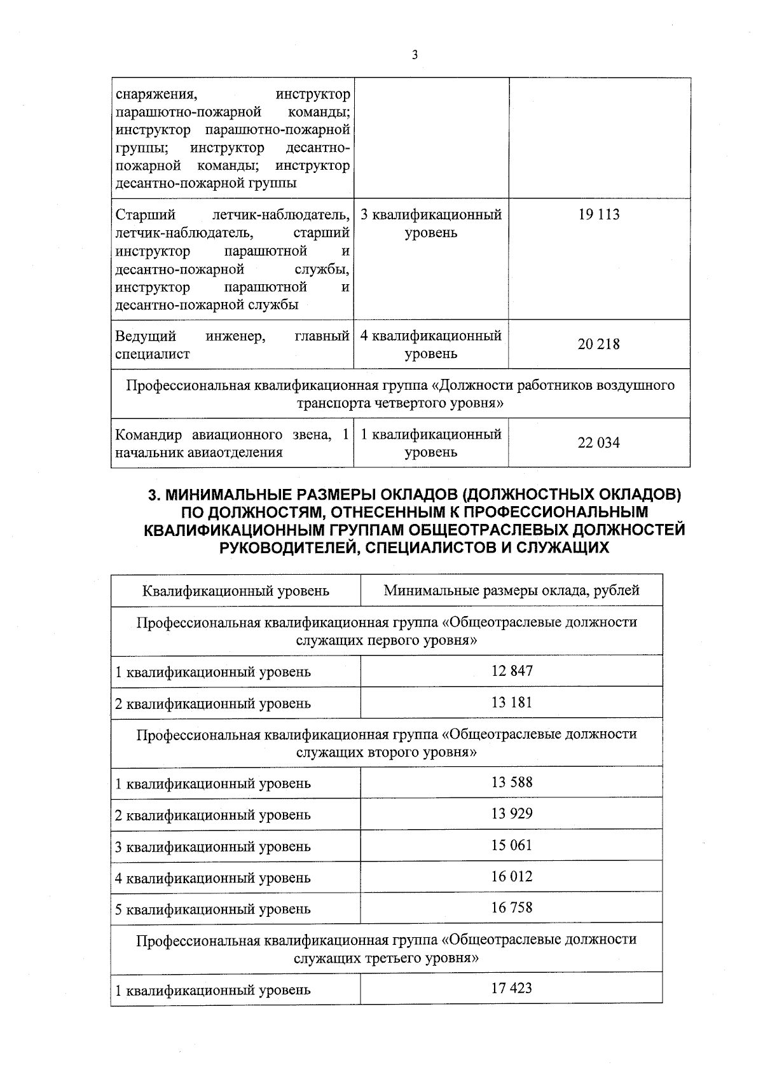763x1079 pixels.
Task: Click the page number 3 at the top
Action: pos(415,55)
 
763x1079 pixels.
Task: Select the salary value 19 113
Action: pos(598,215)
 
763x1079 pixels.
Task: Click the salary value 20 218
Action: pos(598,345)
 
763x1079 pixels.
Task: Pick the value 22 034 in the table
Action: pos(598,443)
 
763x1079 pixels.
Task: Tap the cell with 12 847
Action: pos(512,671)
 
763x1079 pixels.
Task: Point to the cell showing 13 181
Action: pos(512,703)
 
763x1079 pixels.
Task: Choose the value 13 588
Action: pos(512,782)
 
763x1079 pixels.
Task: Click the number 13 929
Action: pos(512,814)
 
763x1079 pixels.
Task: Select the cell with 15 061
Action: pos(512,846)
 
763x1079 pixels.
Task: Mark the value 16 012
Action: pos(512,877)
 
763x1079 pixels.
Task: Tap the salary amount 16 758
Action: pos(512,908)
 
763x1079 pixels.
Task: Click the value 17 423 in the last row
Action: pos(512,989)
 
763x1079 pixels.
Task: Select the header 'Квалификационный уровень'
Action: pos(236,591)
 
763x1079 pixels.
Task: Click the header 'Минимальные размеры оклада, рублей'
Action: pos(511,591)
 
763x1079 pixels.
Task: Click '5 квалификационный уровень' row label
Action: pos(213,909)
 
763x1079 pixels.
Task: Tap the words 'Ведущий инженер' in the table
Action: pos(191,336)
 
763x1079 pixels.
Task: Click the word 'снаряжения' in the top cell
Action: pos(156,95)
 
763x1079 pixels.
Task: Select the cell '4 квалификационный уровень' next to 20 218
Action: pos(430,344)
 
